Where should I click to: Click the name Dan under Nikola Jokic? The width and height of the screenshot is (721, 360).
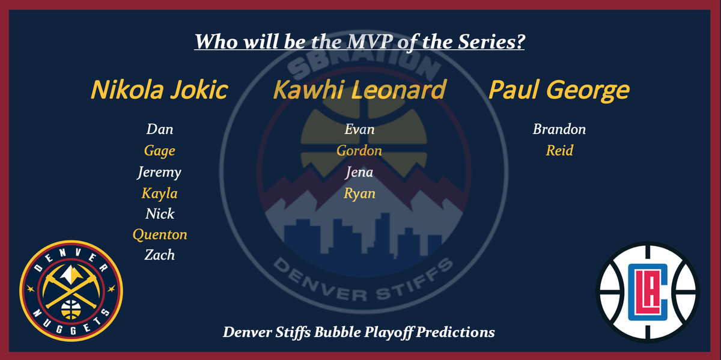[x=160, y=129]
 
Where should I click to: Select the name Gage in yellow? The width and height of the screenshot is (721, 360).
[x=160, y=151]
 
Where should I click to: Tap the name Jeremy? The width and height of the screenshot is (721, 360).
[x=159, y=172]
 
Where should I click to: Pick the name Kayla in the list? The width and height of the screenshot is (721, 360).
[x=159, y=194]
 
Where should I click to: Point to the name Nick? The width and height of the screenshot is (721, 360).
[x=160, y=213]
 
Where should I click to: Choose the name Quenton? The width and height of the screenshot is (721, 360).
[x=160, y=234]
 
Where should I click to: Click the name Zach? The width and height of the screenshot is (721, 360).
[x=160, y=255]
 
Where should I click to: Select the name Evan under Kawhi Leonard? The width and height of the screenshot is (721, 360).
[x=359, y=129]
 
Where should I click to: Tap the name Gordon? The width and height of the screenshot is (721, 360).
[x=359, y=150]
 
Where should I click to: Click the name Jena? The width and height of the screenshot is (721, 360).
[x=359, y=172]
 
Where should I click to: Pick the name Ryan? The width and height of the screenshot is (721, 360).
[x=359, y=194]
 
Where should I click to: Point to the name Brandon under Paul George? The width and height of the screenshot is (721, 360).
[x=559, y=129]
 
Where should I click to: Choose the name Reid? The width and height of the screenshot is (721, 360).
[x=559, y=150]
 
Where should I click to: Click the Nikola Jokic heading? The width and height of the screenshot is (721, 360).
[x=159, y=90]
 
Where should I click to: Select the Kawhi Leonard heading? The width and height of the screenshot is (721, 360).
[x=359, y=89]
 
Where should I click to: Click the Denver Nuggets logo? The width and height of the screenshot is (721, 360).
[x=71, y=291]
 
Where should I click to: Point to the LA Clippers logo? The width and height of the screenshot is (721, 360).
[x=648, y=292]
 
